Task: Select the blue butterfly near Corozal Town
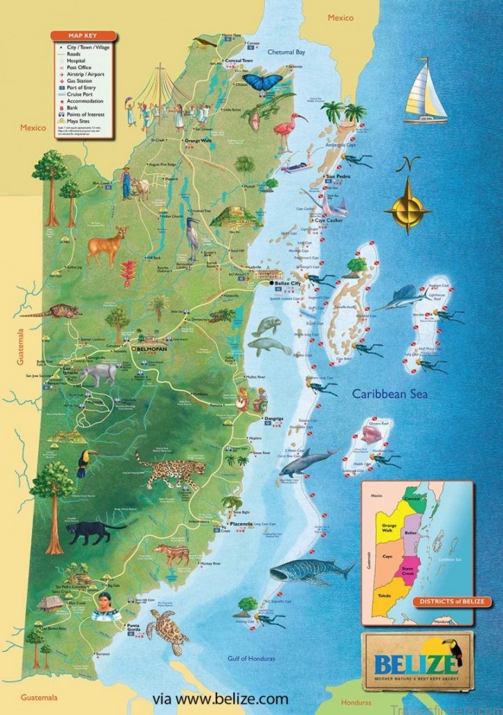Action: click(x=263, y=82)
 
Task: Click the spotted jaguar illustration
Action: click(x=170, y=470)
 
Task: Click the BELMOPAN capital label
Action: click(x=151, y=346)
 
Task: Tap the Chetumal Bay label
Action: click(x=288, y=51)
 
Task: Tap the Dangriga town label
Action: click(x=273, y=418)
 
